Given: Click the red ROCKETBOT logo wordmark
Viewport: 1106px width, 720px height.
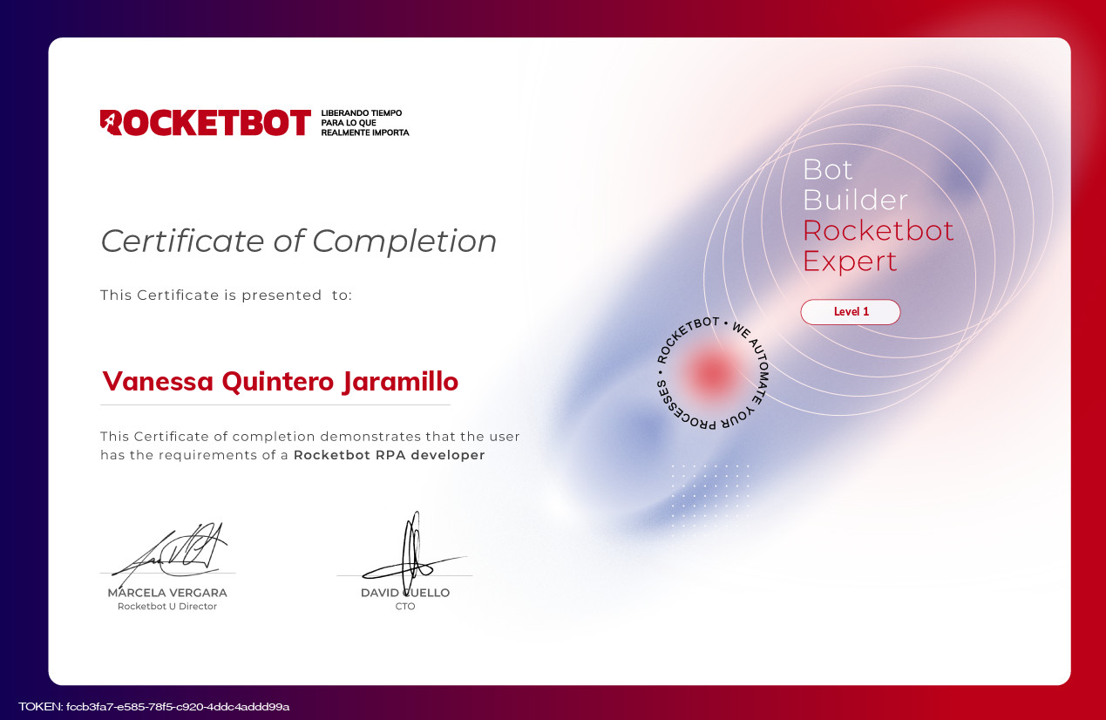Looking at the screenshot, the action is (206, 122).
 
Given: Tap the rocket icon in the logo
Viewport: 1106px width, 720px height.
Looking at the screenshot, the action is (111, 122).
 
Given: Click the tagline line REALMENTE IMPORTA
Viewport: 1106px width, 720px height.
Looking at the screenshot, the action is (365, 132).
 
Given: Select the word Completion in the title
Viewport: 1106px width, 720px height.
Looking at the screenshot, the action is (404, 242).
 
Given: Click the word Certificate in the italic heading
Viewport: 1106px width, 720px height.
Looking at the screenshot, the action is (183, 241).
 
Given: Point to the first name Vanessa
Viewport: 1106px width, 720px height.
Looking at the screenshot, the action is (158, 382).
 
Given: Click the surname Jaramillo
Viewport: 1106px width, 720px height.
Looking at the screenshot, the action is (400, 382).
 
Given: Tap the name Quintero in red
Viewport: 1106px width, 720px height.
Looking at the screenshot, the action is (278, 382).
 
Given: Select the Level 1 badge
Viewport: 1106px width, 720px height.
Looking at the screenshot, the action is (851, 311).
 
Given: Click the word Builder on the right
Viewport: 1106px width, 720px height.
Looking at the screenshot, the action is (855, 200).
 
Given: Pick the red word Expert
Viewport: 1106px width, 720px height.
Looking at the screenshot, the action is (849, 262).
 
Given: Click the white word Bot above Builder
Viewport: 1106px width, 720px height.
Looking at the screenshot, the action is (827, 170).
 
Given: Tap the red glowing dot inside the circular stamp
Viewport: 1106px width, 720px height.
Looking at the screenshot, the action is (711, 372).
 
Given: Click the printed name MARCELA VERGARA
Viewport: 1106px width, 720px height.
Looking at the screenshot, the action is (167, 593).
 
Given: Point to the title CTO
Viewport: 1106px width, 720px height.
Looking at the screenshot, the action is (405, 607).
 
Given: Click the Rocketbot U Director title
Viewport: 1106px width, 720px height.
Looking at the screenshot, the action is (167, 607).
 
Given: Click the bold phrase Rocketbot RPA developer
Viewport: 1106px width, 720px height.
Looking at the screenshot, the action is (389, 455).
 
